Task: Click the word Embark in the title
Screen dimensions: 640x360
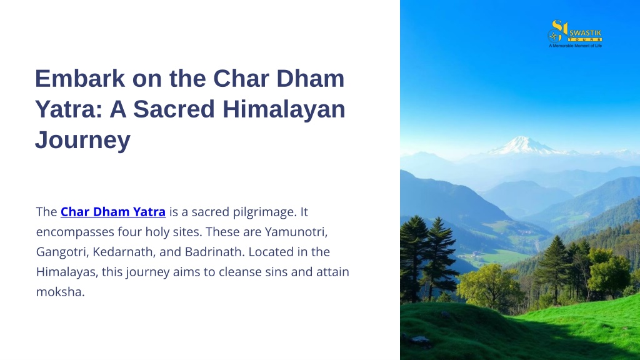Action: (80, 78)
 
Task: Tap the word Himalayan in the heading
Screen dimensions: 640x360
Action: (284, 109)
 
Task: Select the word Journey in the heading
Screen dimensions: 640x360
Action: (83, 140)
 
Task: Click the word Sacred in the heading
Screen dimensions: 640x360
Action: (174, 109)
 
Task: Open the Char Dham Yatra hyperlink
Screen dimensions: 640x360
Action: (113, 212)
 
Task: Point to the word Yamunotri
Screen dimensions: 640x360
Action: (296, 232)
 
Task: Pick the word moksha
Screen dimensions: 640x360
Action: (61, 292)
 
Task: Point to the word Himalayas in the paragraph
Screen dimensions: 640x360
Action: (67, 272)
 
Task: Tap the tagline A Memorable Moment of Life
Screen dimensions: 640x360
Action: (575, 46)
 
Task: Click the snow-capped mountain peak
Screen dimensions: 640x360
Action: (524, 146)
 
